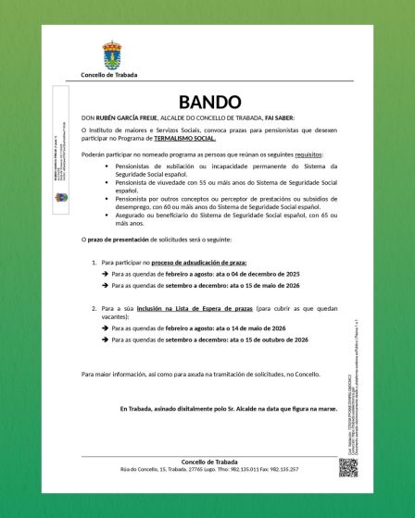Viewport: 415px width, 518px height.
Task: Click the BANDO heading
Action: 208,102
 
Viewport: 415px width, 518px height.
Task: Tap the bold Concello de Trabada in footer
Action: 208,461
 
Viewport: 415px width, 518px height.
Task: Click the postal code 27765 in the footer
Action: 186,469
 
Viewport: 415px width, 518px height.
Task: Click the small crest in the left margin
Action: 61,199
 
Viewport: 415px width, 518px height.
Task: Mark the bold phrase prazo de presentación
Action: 109,240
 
